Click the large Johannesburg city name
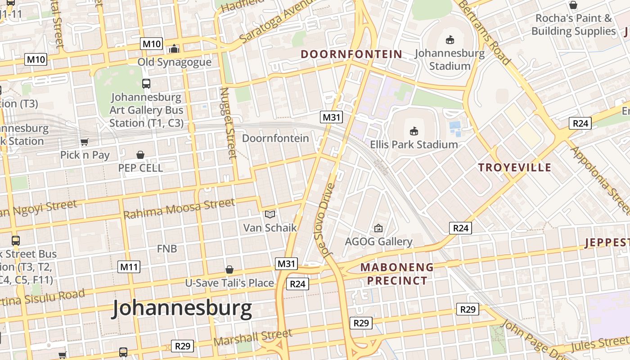tap(182, 309)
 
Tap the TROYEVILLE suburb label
tap(514, 168)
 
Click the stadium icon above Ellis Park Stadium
tap(414, 131)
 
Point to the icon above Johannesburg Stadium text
tap(450, 40)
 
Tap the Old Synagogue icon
tap(174, 49)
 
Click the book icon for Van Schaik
tap(270, 215)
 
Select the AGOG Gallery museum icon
tap(378, 229)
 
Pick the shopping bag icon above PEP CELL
tap(140, 155)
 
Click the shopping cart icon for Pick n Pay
tap(84, 142)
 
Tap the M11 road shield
tap(129, 267)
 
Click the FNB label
tap(166, 248)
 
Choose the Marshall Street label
tap(252, 337)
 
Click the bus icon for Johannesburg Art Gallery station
tap(146, 83)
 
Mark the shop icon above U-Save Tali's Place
tap(229, 270)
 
